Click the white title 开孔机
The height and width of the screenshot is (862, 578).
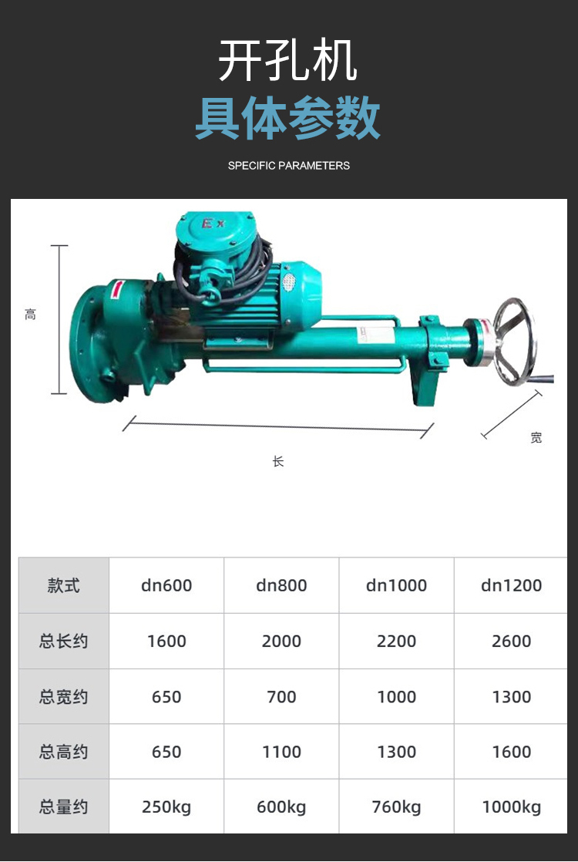[x=288, y=61]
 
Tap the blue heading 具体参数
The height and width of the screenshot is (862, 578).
[x=288, y=117]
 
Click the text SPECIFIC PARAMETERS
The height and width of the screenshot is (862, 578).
[x=288, y=166]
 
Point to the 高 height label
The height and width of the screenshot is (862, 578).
[x=30, y=315]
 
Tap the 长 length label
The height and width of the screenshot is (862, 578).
[x=278, y=461]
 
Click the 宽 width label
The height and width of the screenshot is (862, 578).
[x=536, y=438]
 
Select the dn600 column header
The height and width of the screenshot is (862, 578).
[x=166, y=585]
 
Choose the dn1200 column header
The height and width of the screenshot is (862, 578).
[x=511, y=585]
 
